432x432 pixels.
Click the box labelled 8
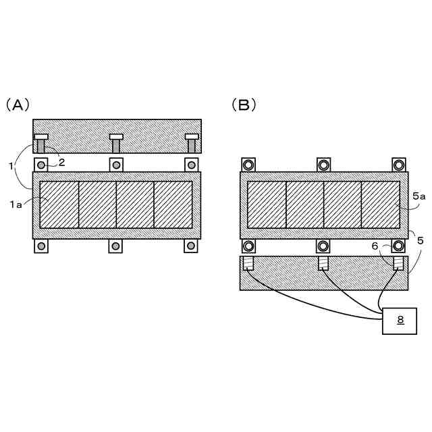click(x=400, y=321)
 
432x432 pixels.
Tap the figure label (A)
click(x=18, y=105)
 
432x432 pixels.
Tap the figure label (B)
click(x=244, y=105)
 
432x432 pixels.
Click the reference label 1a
click(x=16, y=203)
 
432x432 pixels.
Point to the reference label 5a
click(x=419, y=196)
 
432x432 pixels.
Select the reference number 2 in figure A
click(x=61, y=161)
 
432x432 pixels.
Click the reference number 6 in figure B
click(x=376, y=248)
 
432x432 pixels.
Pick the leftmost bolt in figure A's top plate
click(x=41, y=143)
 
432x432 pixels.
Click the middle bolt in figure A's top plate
click(x=116, y=143)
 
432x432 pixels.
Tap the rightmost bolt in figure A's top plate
click(x=192, y=143)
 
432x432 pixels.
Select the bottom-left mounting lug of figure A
click(x=41, y=246)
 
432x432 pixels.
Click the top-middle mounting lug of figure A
click(x=116, y=165)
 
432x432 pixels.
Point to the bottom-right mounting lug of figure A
click(x=191, y=246)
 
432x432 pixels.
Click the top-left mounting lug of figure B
click(x=248, y=165)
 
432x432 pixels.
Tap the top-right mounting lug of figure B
click(x=399, y=165)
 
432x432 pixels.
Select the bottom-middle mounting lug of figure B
click(x=323, y=246)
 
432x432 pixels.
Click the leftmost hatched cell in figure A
click(x=59, y=205)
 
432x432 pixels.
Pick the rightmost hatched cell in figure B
click(x=381, y=205)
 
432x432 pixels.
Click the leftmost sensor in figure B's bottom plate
click(x=248, y=263)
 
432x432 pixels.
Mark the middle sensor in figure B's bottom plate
click(x=323, y=263)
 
